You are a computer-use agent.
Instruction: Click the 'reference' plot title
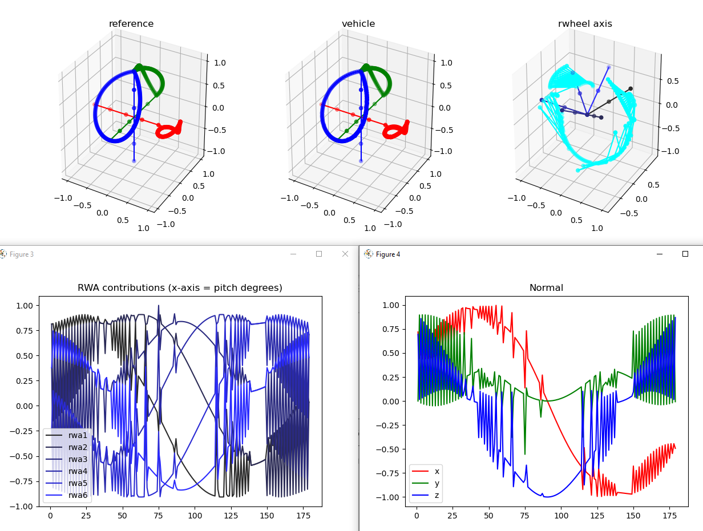[x=131, y=24]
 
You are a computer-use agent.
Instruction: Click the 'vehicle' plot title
[x=358, y=24]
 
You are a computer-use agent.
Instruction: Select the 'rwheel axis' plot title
[x=585, y=24]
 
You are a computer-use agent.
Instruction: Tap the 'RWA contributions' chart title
[x=180, y=288]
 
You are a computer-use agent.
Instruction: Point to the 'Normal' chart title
[x=546, y=288]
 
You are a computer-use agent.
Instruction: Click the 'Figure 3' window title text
[x=22, y=254]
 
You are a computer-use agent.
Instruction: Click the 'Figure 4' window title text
[x=388, y=254]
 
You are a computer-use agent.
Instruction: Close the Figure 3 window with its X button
[x=345, y=254]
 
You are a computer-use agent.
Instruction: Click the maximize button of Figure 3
[x=319, y=254]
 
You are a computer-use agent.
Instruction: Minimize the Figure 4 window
[x=660, y=254]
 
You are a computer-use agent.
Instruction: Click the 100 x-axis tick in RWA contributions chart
[x=195, y=515]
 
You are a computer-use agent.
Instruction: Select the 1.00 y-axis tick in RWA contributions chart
[x=25, y=306]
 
